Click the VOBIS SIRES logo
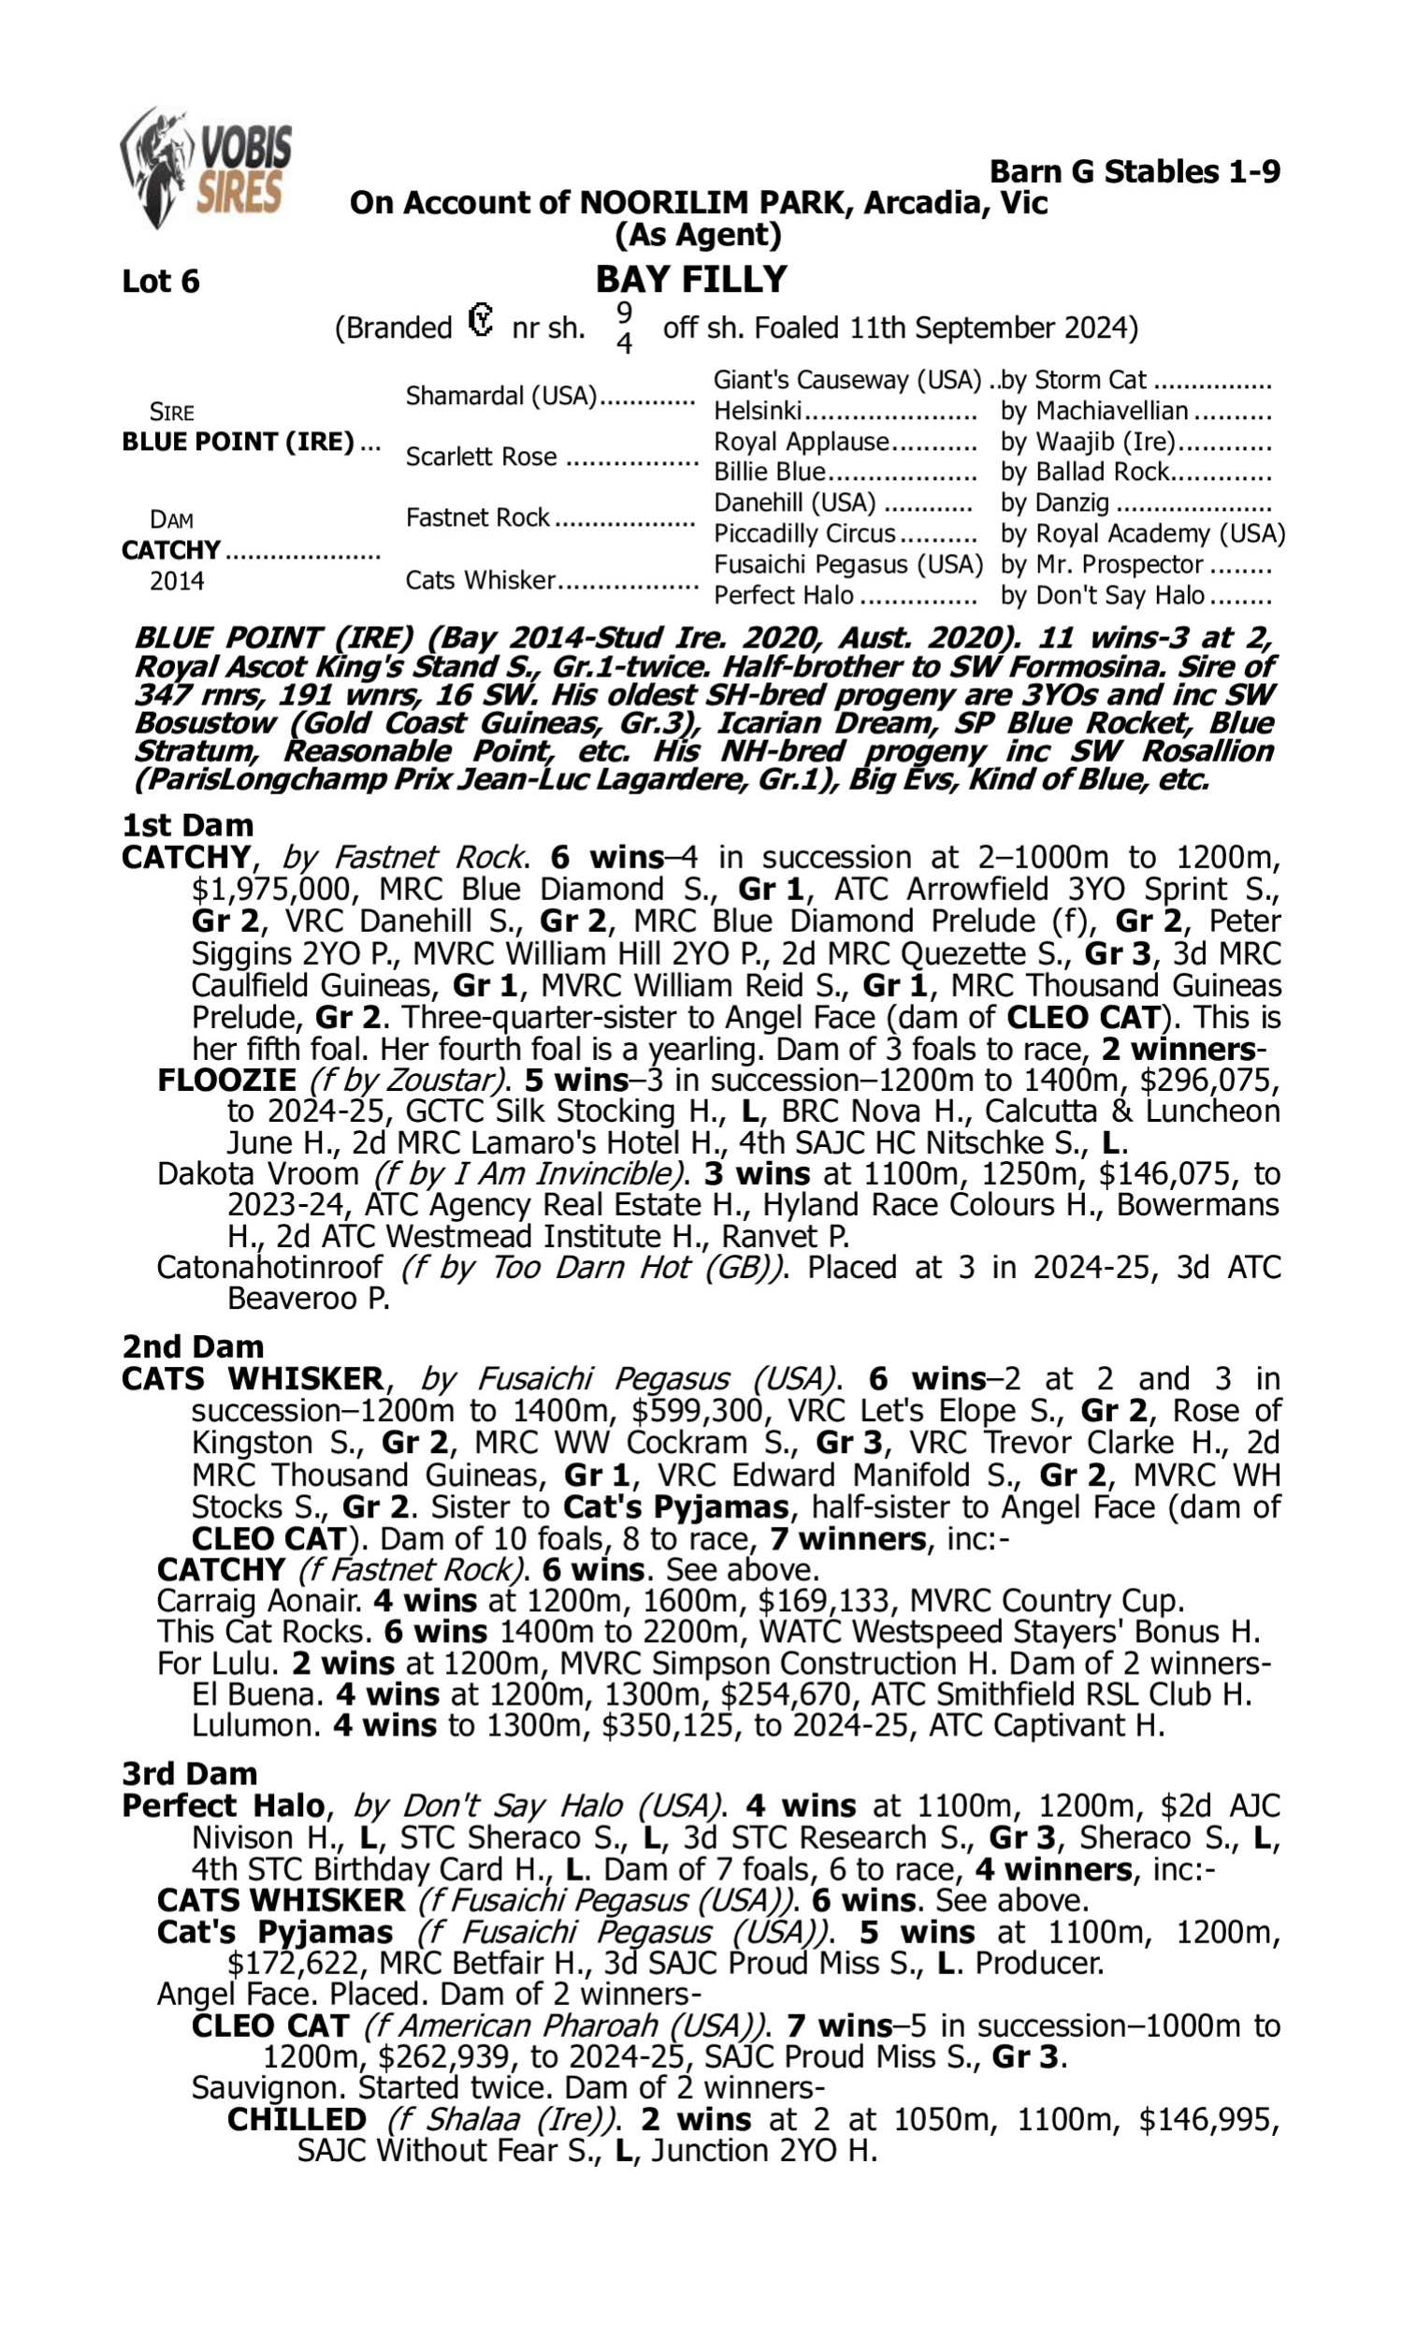(x=207, y=167)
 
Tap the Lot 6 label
(x=161, y=282)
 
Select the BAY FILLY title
(x=691, y=280)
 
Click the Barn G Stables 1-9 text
(x=1135, y=172)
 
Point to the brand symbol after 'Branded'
(x=481, y=322)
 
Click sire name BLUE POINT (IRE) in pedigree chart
(x=239, y=443)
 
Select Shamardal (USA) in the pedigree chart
(x=501, y=396)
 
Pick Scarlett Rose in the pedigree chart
(x=480, y=457)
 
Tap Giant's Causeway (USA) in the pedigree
(x=847, y=380)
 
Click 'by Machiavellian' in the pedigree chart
(x=1093, y=412)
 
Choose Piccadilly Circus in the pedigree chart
(x=803, y=534)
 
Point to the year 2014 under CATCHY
(x=177, y=581)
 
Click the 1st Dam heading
(x=187, y=825)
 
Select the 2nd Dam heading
(x=193, y=1346)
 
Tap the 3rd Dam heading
(x=189, y=1774)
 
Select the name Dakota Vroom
(x=257, y=1174)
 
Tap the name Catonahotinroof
(x=269, y=1267)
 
